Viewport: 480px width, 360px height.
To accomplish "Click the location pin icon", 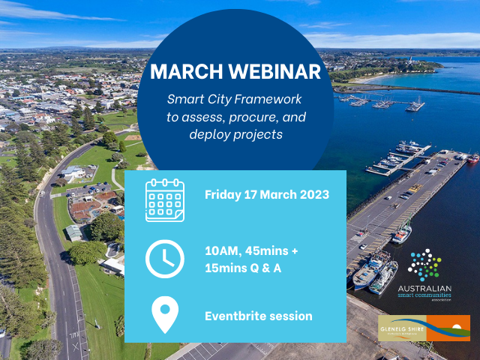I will (165, 316).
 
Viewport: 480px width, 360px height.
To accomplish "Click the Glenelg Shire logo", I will (424, 328).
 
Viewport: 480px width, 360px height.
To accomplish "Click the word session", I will (292, 316).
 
